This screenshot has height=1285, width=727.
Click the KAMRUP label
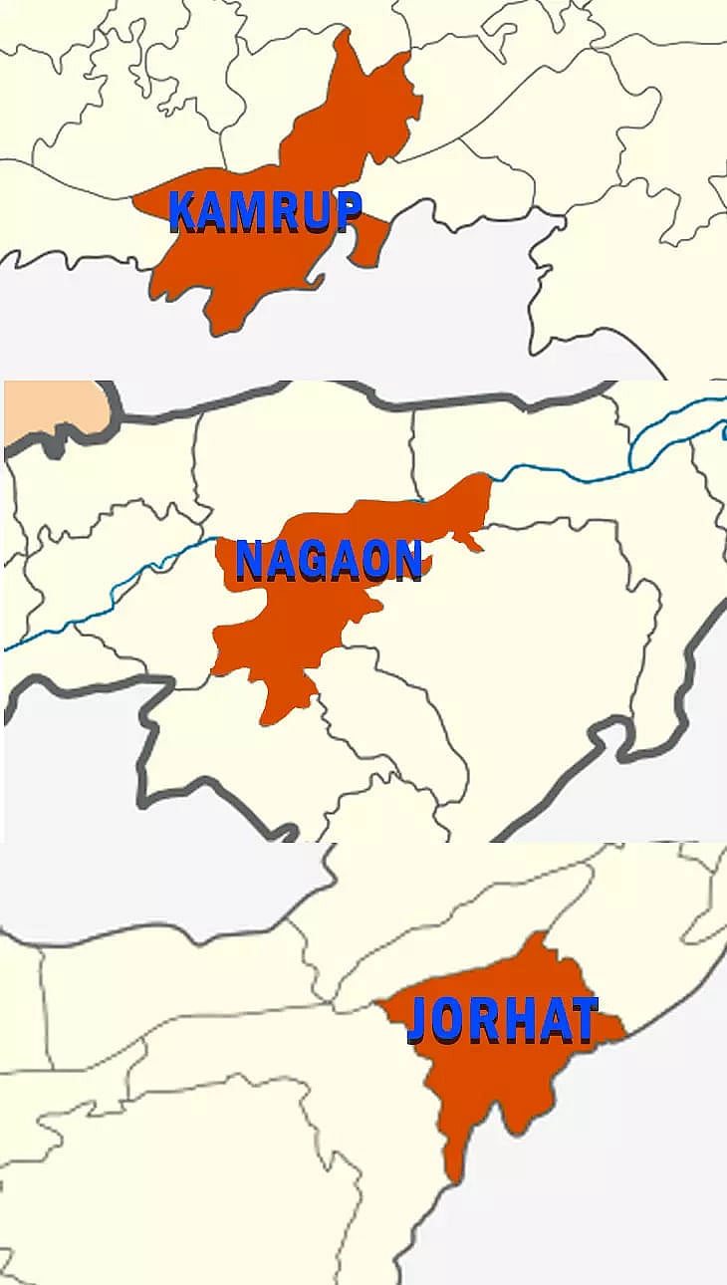coord(265,210)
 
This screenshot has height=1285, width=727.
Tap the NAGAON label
coord(329,560)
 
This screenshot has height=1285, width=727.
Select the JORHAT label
coord(503,1020)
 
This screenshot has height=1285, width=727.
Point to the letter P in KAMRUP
coord(346,210)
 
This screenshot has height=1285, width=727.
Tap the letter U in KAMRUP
coord(315,210)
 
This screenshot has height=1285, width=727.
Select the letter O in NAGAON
coord(376,560)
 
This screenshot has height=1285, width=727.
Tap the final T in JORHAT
coord(583,1020)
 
